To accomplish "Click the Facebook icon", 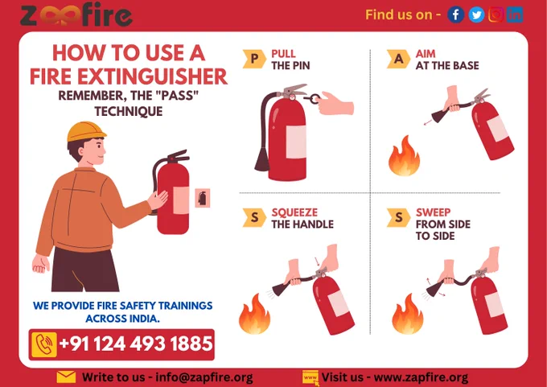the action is (x=455, y=14).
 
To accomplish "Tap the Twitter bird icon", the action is (x=476, y=14).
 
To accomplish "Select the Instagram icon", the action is (x=496, y=14).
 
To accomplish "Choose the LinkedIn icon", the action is (x=515, y=14).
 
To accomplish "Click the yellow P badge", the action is (x=254, y=59).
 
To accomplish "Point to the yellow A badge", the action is (x=398, y=59).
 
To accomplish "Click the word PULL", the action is (x=284, y=54).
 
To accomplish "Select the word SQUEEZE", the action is (x=294, y=212).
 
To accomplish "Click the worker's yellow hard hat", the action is (x=86, y=131).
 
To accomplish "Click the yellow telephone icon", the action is (x=44, y=344).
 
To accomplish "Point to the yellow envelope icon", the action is (x=66, y=377).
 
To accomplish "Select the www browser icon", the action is (x=311, y=378).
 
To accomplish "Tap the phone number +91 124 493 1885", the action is (x=136, y=344).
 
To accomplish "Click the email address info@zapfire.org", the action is (x=204, y=377).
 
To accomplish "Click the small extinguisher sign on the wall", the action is (x=203, y=198).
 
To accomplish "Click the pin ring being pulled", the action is (x=315, y=98).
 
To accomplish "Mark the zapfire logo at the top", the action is (x=76, y=14).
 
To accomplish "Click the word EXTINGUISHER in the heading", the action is (x=153, y=76).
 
